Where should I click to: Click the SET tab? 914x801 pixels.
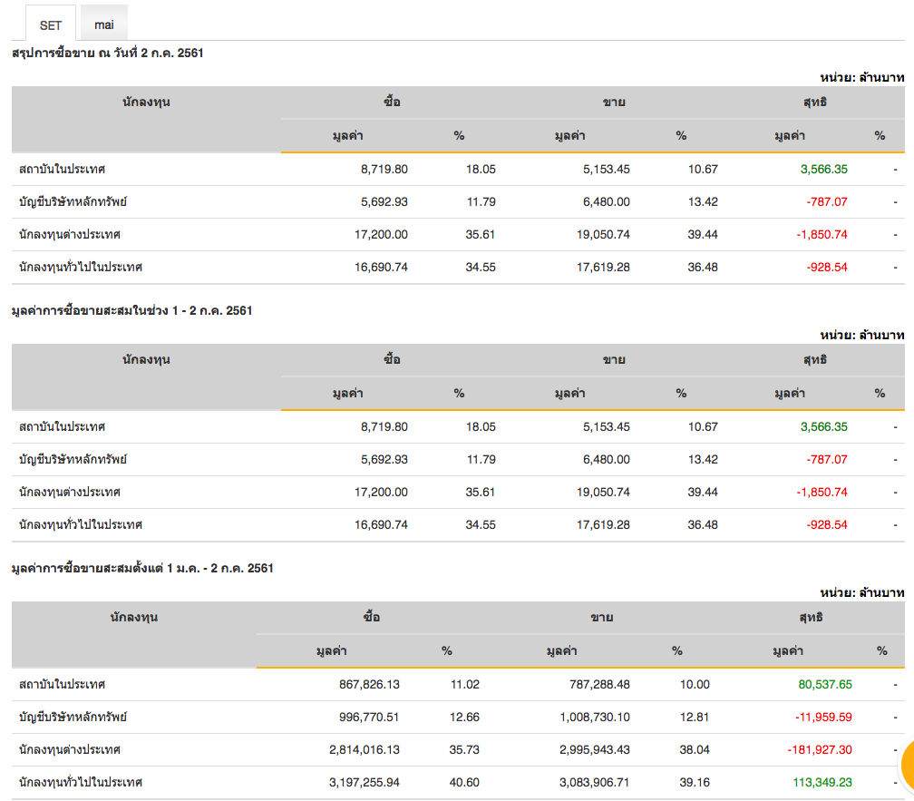[x=51, y=24]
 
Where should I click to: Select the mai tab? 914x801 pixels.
[x=104, y=24]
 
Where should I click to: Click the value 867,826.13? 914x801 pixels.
[x=366, y=685]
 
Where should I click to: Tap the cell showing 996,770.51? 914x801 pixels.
[x=366, y=718]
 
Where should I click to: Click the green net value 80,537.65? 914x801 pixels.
[x=820, y=685]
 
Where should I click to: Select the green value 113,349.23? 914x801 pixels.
[x=820, y=782]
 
